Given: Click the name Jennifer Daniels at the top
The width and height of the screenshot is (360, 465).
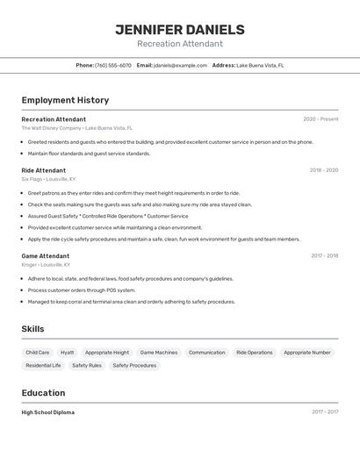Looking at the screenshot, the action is point(179,29).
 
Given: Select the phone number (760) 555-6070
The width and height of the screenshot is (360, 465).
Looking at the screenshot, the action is point(113,65).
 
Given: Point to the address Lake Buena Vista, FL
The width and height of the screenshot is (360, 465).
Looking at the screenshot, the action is point(260,65).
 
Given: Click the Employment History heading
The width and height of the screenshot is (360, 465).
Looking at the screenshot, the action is point(65,100).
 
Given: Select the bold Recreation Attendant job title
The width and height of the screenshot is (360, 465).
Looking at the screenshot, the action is point(54,119).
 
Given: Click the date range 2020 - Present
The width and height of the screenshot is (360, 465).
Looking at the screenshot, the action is point(320,119).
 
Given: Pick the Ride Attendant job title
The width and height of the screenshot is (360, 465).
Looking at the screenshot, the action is point(44,170).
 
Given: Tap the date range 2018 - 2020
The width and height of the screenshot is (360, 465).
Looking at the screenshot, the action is point(323,170).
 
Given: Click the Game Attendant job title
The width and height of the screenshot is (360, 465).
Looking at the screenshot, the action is point(46,256).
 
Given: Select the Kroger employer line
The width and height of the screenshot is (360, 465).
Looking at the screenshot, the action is point(46,264).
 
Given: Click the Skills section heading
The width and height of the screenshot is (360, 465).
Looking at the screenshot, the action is point(33,329).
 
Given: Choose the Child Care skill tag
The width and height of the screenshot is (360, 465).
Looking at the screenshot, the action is point(38,353).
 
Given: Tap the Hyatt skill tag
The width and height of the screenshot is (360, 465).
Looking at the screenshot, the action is point(68,353).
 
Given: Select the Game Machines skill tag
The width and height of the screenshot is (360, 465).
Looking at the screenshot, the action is point(159,353).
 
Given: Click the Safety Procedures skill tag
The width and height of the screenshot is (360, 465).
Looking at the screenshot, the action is point(134,365).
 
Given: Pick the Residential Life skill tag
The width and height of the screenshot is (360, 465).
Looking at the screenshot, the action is point(44,365).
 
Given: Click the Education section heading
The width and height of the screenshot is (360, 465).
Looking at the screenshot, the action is point(43,393).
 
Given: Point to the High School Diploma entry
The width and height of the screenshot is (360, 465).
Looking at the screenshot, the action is point(48,412).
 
